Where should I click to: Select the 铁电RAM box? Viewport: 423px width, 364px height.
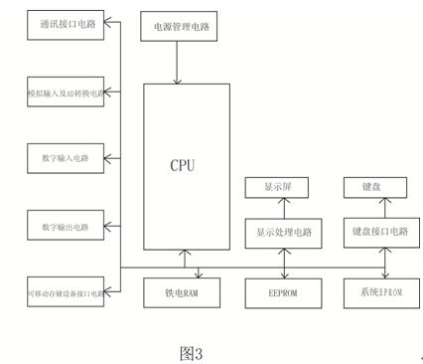point(183,292)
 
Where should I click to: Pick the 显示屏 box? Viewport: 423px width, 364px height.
point(277,187)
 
